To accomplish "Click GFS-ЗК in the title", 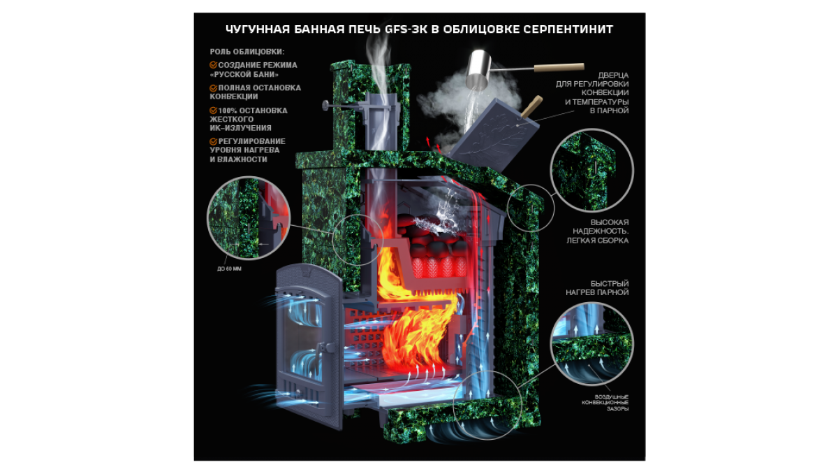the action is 406,29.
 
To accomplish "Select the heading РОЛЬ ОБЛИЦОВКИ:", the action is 247,52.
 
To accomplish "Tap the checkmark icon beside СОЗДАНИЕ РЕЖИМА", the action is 213,65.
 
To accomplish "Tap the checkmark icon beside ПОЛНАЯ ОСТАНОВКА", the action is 213,88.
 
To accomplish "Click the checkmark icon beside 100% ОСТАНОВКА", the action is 213,110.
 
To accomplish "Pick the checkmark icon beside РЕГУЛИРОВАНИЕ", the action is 213,141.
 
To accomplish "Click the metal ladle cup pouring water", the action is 478,70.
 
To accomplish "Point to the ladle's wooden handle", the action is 559,67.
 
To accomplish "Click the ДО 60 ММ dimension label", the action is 229,269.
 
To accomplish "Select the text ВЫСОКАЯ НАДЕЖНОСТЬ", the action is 601,227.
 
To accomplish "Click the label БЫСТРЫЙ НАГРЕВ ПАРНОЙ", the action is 597,287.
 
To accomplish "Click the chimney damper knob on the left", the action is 325,106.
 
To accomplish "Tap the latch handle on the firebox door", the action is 319,352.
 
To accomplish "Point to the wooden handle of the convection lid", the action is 532,106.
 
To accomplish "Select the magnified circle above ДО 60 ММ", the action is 249,218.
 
